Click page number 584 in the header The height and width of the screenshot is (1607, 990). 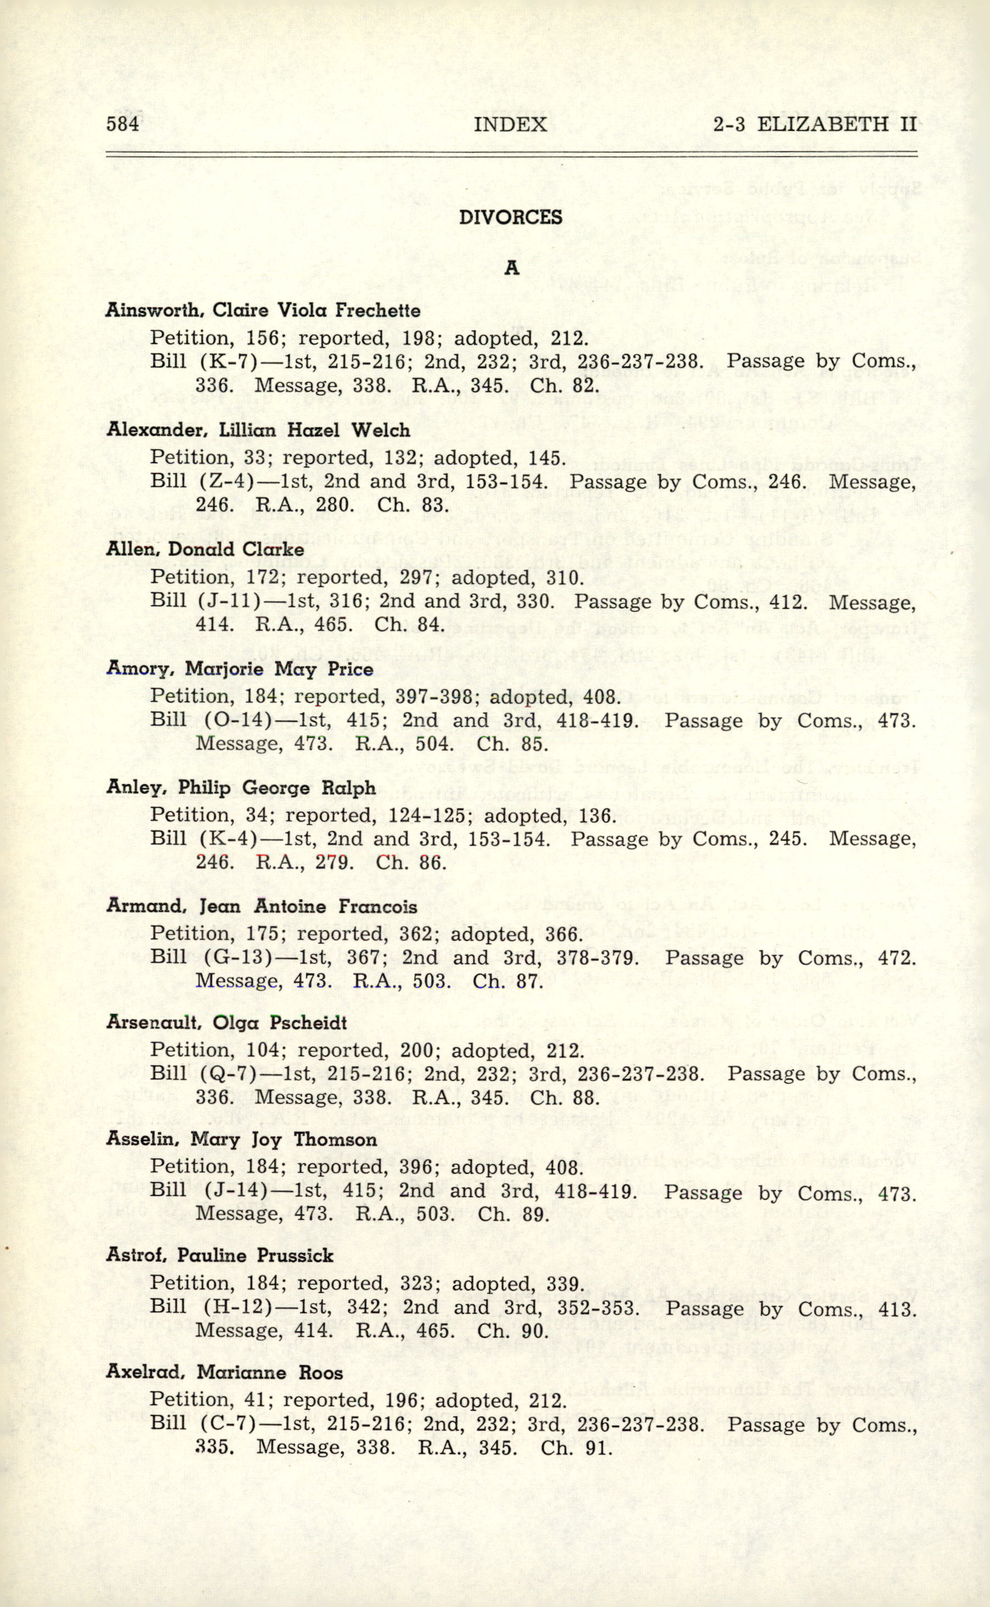coord(123,124)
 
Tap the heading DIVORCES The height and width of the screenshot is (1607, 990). coord(511,218)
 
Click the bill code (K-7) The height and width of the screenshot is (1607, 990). coord(221,362)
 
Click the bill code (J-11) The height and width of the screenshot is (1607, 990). coord(226,601)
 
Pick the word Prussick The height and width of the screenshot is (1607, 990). coord(294,1256)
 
